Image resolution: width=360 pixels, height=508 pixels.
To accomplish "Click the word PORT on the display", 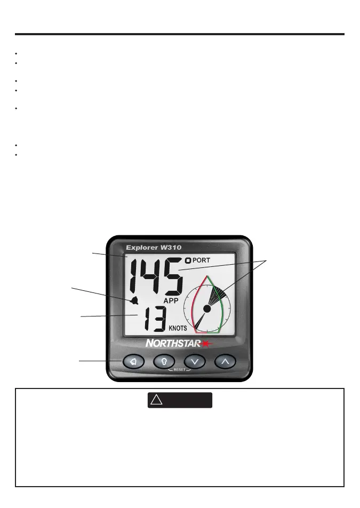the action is (x=202, y=260).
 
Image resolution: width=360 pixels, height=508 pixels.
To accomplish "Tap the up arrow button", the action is (x=225, y=362).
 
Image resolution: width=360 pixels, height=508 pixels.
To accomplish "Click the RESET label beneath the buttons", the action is (x=179, y=369).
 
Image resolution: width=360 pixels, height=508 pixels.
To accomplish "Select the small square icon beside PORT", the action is (x=187, y=260).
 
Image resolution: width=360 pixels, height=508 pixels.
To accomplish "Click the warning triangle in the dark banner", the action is (x=156, y=400).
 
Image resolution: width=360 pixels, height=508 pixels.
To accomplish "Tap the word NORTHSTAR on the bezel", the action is (x=171, y=344).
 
